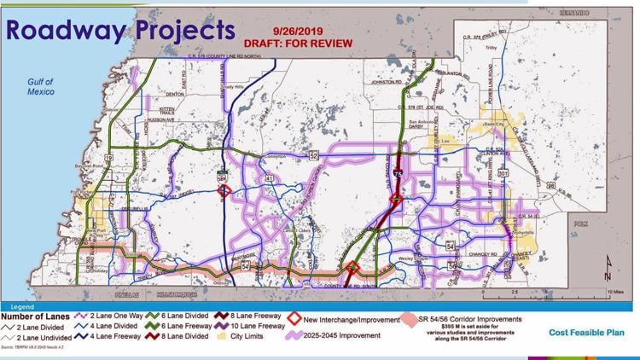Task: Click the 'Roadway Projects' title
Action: pyautogui.click(x=119, y=29)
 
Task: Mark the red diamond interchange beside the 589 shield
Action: pyautogui.click(x=223, y=191)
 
